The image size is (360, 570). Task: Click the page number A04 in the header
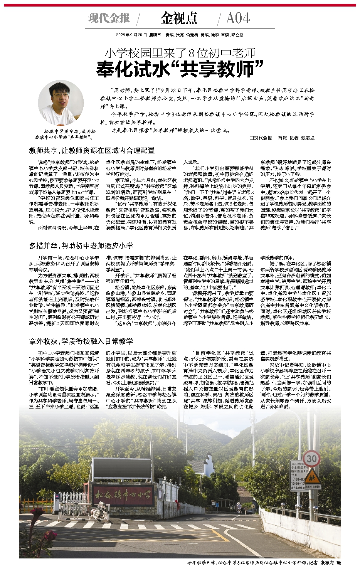click(238, 18)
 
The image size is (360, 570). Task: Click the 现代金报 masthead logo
click(109, 18)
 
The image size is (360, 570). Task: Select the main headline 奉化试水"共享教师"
click(180, 69)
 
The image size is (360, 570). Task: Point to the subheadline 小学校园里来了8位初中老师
click(180, 53)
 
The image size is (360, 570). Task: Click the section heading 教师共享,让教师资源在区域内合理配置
click(92, 151)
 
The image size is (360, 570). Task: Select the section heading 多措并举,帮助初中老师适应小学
click(81, 245)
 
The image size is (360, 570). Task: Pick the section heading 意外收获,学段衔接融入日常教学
click(81, 341)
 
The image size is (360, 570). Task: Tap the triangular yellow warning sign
click(312, 474)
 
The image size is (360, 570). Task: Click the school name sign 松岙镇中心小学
click(123, 494)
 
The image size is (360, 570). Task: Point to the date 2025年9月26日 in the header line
click(131, 35)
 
